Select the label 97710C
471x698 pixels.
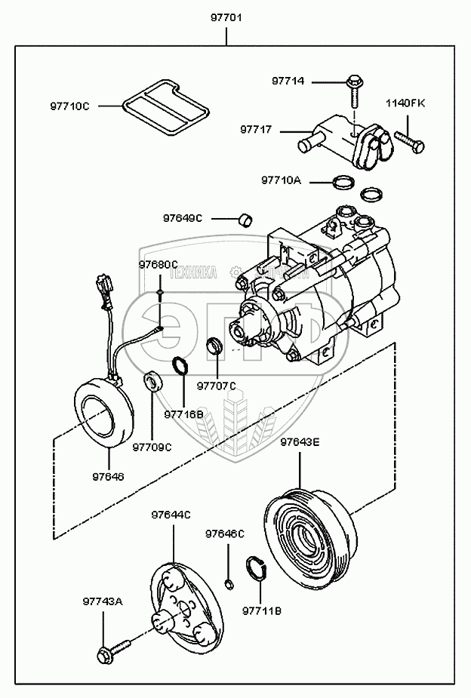coord(70,106)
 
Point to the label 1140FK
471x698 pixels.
coord(405,103)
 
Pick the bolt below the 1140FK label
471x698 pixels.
coord(408,140)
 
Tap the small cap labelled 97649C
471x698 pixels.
coord(245,219)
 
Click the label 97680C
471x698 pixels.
coord(158,264)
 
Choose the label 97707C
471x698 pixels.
coord(217,386)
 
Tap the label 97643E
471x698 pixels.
coord(300,443)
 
